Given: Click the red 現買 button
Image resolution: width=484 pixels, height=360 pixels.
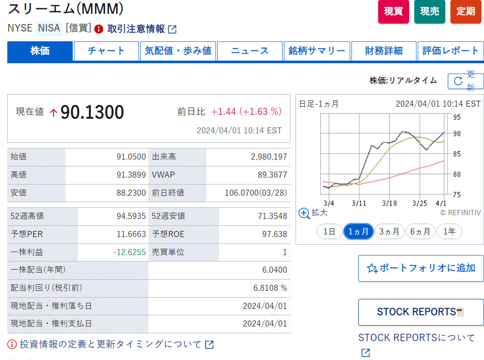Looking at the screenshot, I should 393,12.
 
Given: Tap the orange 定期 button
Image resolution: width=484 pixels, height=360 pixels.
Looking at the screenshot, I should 466,12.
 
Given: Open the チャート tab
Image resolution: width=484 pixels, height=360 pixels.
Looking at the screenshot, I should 106,51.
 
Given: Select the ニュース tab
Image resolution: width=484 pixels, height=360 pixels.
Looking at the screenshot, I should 250,51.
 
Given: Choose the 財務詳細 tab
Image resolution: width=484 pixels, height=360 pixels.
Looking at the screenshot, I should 384,51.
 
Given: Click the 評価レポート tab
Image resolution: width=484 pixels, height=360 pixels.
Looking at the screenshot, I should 450,51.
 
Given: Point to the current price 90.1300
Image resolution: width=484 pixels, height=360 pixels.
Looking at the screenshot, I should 92,112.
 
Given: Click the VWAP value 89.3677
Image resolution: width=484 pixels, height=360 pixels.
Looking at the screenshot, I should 269,175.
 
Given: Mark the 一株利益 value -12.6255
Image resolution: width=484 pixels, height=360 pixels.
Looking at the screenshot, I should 129,252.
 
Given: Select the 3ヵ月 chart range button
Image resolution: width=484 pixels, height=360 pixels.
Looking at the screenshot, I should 389,231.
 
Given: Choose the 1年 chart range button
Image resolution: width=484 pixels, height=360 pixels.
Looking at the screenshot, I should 449,231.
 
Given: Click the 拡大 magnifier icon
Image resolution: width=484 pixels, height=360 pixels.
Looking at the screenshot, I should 304,213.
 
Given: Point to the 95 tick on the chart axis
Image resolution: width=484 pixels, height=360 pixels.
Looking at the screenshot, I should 456,117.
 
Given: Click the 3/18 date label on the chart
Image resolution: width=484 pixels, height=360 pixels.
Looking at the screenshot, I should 389,203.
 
